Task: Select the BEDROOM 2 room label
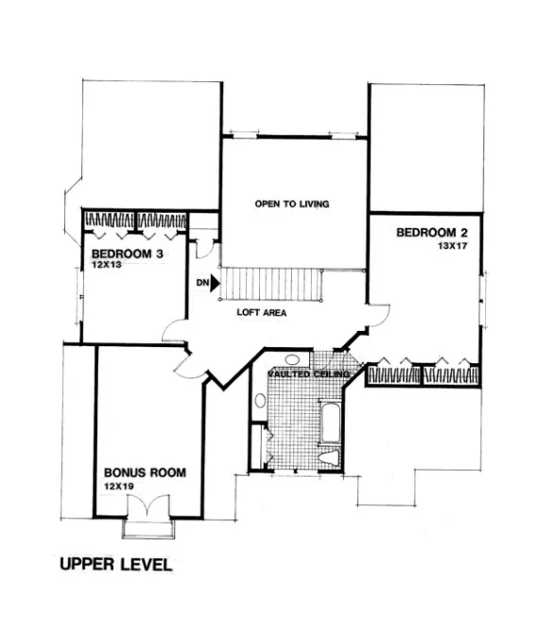coord(431,232)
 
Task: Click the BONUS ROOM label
coord(145,472)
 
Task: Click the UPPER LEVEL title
coord(115,566)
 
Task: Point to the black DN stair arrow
coord(215,281)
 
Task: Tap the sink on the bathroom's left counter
coord(259,401)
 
